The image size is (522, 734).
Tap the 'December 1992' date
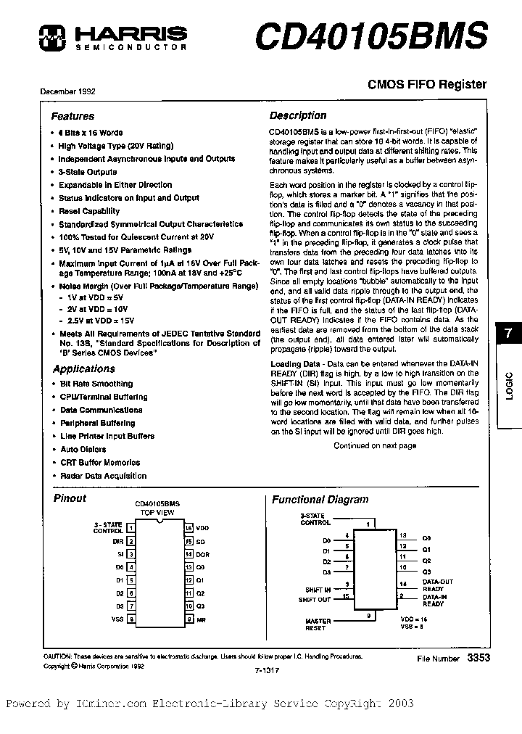69,92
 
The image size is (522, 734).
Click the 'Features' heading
72,116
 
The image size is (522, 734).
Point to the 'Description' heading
298,115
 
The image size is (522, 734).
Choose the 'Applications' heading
84,369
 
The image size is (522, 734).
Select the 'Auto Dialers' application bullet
83,449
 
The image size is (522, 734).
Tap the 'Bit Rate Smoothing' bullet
96,384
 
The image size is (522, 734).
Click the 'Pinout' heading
70,498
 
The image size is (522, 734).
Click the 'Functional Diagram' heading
320,499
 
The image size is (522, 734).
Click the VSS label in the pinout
117,619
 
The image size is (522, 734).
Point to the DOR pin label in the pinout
202,554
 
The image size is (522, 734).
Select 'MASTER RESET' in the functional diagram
318,624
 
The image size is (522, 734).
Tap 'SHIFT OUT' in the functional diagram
314,600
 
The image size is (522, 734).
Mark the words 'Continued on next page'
375,446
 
